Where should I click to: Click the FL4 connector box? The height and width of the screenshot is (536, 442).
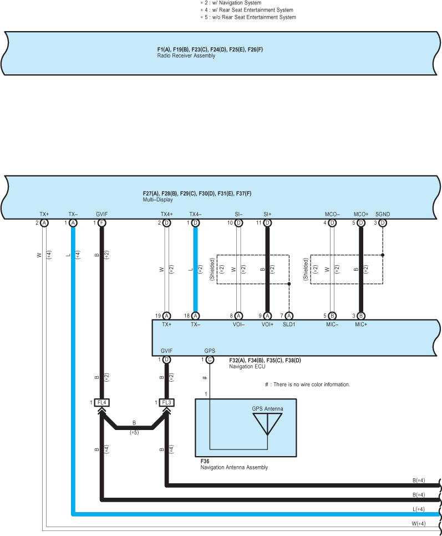click(102, 403)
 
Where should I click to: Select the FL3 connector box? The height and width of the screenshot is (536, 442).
click(167, 403)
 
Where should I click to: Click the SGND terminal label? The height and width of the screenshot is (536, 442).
click(383, 214)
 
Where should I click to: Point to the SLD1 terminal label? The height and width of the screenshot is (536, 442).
click(289, 325)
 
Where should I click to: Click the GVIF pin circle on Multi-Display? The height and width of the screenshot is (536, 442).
click(102, 223)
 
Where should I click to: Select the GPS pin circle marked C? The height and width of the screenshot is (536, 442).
click(210, 360)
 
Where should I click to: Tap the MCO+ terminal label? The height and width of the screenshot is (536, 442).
click(361, 214)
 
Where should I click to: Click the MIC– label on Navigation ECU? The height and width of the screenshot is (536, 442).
click(332, 325)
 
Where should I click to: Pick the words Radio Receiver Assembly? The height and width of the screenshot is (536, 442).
click(186, 55)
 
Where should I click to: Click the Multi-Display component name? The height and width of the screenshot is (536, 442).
click(158, 200)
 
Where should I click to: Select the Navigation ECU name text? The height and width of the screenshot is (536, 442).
click(247, 366)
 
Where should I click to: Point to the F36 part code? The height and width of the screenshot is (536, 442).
click(205, 461)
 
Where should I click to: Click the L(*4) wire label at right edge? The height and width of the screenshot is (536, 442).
click(419, 509)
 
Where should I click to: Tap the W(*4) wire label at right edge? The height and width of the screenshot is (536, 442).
click(419, 524)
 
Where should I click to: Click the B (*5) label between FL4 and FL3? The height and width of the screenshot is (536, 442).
click(134, 428)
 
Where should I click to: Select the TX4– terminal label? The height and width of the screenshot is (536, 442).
click(195, 214)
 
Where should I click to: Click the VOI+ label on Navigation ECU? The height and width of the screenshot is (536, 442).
click(267, 325)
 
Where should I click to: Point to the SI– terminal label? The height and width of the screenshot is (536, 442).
click(238, 214)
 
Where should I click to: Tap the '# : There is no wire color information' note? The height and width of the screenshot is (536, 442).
click(307, 385)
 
